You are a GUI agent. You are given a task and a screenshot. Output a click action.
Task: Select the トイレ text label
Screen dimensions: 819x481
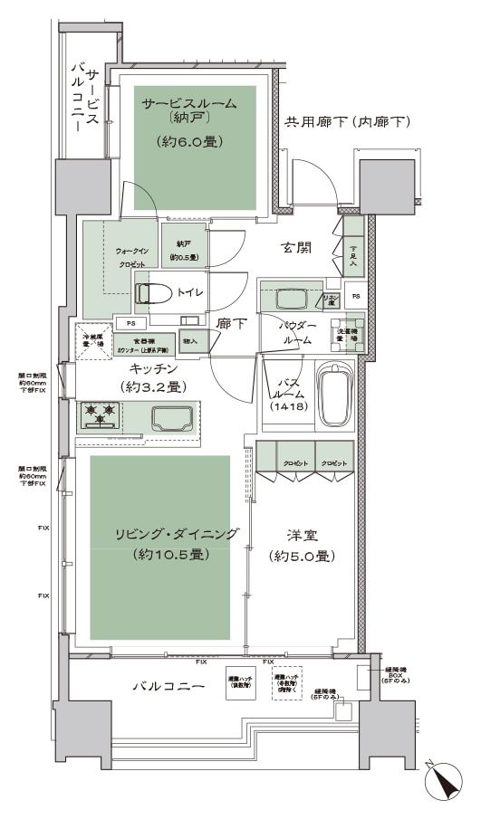click(x=190, y=292)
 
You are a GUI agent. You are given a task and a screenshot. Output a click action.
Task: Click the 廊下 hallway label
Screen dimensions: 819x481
click(x=230, y=321)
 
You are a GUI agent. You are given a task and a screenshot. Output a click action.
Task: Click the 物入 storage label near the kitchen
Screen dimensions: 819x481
click(x=191, y=341)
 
